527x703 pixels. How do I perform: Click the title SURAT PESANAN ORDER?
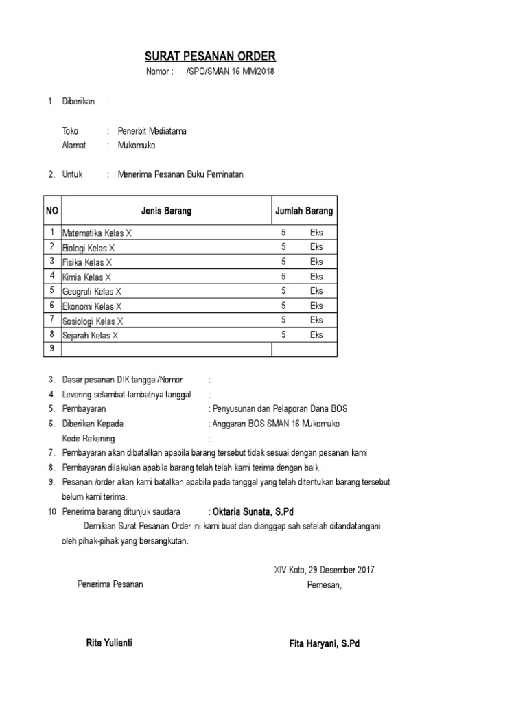(210, 56)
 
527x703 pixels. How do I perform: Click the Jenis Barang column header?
(166, 211)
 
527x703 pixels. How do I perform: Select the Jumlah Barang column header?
(304, 211)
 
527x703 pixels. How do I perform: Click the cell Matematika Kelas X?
(97, 233)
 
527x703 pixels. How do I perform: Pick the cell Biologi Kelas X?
(89, 248)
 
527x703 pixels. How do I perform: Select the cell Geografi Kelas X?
(92, 292)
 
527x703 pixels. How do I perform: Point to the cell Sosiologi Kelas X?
(93, 321)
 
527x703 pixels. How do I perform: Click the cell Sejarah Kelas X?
(91, 336)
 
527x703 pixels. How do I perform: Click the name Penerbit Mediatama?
(152, 130)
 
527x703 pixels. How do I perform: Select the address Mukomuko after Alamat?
(137, 146)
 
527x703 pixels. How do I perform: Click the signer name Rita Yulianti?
(109, 643)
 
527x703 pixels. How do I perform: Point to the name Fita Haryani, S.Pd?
(325, 644)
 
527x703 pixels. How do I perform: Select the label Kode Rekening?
(89, 438)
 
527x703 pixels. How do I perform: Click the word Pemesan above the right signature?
(323, 585)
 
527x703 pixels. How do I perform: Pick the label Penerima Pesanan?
(110, 584)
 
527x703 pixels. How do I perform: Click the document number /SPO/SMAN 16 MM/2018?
(229, 72)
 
